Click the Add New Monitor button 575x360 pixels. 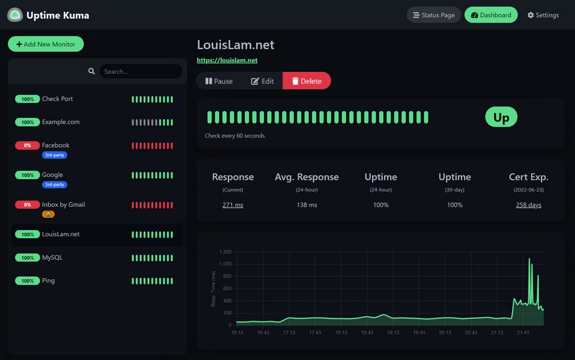coord(45,44)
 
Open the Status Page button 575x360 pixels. coord(433,15)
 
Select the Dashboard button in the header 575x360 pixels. coord(491,15)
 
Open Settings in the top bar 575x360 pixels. coord(543,15)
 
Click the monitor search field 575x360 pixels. coord(140,71)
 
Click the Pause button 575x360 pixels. coord(219,81)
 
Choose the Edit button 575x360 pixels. coord(262,81)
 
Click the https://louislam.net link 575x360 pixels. coord(227,60)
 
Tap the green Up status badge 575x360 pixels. coord(501,117)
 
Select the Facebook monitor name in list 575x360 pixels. coord(56,145)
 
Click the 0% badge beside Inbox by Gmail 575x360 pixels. coord(28,205)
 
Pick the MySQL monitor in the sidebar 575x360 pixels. coord(52,258)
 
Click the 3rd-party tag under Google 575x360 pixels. coord(54,184)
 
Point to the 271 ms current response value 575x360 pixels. coord(232,205)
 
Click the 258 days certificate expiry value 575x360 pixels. coord(528,205)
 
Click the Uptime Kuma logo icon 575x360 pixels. coord(15,15)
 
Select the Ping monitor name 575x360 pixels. coord(48,281)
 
